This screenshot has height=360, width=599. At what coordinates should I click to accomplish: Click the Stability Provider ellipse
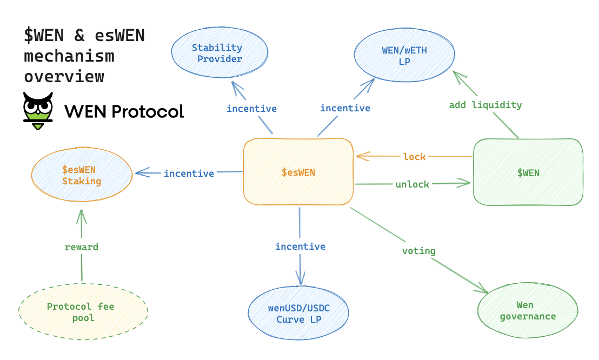tap(219, 53)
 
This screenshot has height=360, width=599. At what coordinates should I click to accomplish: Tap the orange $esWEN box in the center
tap(298, 172)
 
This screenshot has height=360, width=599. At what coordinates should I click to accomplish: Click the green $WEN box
tap(528, 172)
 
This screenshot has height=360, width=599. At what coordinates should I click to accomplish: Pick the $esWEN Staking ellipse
tap(82, 176)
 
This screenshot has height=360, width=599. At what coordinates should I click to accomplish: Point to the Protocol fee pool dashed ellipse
tap(83, 312)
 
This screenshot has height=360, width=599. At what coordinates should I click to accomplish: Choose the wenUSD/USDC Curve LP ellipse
tap(298, 313)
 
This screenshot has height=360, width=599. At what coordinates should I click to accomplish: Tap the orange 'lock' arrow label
tap(415, 157)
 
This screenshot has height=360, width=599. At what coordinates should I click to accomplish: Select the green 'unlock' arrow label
tap(412, 184)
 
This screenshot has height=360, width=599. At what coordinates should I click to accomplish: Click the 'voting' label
tap(418, 251)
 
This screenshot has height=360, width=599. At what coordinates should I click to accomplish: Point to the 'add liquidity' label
tap(485, 105)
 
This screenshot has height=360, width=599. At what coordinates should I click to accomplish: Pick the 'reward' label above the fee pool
tap(82, 247)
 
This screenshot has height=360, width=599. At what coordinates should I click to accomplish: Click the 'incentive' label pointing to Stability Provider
tap(251, 109)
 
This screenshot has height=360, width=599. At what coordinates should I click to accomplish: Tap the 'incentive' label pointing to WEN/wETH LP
tap(345, 108)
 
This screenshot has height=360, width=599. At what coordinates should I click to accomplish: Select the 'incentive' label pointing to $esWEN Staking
tap(189, 174)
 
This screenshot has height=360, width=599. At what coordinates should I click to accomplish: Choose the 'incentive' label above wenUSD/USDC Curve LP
tap(300, 246)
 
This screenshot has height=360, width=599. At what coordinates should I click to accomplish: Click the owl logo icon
tap(38, 110)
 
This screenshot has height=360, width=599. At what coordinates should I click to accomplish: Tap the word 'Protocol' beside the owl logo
tap(147, 111)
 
